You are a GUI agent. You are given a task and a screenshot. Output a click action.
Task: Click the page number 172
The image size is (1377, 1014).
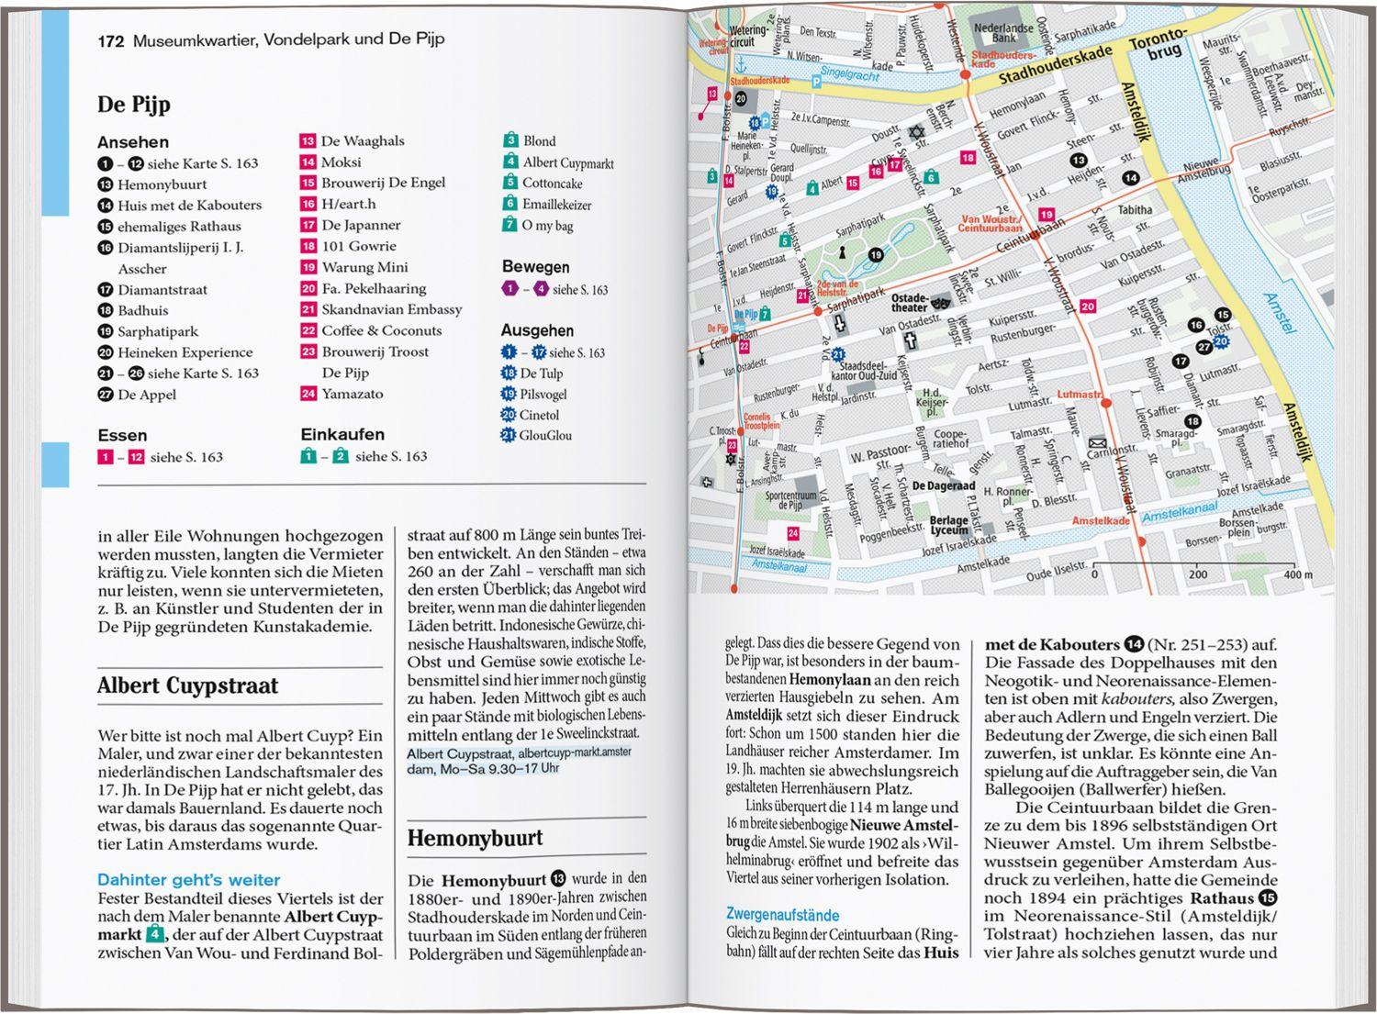tap(110, 39)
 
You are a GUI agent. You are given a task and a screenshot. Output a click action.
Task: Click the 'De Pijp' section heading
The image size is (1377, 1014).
tap(134, 104)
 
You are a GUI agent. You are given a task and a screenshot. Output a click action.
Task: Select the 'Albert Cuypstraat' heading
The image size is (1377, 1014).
tap(187, 685)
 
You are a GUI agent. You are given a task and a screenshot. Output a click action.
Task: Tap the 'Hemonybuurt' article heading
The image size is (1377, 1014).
tap(475, 838)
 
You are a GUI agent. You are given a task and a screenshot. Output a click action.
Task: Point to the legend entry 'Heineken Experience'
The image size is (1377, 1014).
tap(185, 352)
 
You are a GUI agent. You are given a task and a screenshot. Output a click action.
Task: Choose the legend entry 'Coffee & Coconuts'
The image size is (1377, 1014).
tap(381, 330)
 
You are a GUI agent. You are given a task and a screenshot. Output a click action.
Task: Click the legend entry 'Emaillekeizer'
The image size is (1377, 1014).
tap(556, 205)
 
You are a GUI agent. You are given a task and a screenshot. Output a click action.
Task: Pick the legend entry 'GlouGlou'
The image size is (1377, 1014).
tap(545, 435)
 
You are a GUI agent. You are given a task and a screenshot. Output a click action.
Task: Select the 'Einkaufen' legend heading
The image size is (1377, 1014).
tap(342, 434)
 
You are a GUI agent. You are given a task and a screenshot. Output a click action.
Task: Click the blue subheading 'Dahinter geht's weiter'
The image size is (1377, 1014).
tap(188, 880)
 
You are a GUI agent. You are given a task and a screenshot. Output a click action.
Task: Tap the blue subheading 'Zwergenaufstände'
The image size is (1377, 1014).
tap(782, 915)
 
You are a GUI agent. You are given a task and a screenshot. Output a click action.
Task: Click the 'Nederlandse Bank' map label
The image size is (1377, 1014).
tap(1003, 33)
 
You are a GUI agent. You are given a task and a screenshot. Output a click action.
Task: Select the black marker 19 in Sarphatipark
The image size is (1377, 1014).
tap(876, 255)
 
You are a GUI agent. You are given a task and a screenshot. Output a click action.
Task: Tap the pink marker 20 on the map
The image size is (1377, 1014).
tap(1088, 306)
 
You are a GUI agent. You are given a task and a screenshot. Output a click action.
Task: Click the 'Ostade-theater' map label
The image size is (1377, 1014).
tap(910, 303)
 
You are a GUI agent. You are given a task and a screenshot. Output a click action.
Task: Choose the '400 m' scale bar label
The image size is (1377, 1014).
tap(1298, 574)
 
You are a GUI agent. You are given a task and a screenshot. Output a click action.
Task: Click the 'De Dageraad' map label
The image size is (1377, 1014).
tap(944, 486)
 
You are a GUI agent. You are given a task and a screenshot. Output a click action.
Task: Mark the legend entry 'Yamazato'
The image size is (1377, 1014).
tap(353, 394)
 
